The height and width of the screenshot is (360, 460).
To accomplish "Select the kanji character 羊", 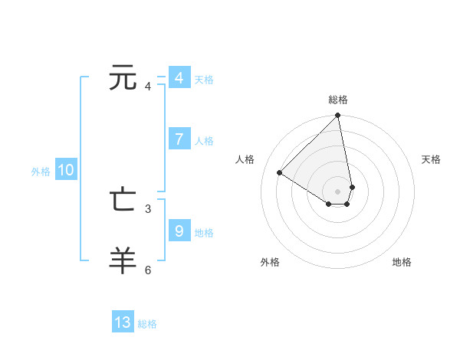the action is (123, 260).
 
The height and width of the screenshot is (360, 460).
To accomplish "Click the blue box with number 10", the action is (66, 171).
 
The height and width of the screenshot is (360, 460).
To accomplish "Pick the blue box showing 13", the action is (123, 322).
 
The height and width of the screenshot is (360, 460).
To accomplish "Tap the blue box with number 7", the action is (179, 139).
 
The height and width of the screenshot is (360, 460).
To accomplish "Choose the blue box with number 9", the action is (179, 231).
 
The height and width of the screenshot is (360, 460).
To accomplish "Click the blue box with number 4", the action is (179, 78).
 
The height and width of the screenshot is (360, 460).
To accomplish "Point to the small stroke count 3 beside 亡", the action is (148, 208).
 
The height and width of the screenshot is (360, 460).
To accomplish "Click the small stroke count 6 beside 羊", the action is (148, 270).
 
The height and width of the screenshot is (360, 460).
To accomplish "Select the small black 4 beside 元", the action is (148, 87).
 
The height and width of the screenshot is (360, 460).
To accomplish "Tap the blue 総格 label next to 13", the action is (147, 324).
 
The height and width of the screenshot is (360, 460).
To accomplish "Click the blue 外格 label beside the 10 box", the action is (41, 172).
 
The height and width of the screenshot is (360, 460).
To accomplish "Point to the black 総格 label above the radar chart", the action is (338, 100).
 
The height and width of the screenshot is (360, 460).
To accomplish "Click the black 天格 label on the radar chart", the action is (431, 159).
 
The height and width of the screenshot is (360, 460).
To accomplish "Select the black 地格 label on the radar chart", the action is (402, 262).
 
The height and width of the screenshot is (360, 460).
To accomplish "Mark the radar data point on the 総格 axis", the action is (338, 116).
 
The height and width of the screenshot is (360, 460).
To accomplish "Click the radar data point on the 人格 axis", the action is (280, 172).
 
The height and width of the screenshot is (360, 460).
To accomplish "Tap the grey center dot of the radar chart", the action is (338, 190).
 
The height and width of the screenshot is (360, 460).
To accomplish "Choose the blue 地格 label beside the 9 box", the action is (204, 233).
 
